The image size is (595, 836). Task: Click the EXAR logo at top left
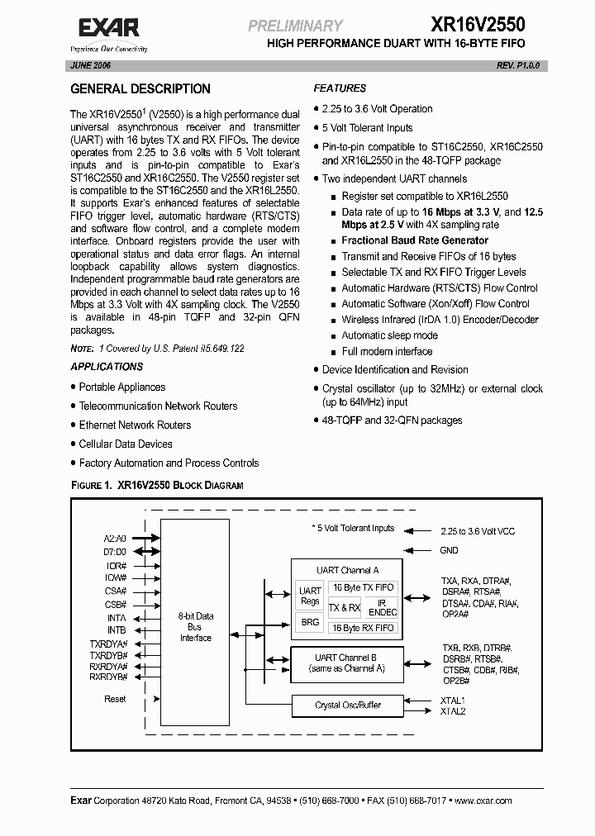pos(109,31)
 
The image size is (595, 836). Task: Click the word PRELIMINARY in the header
pos(295,26)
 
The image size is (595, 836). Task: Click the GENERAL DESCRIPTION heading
pos(140,88)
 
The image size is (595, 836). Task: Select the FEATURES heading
pos(340,88)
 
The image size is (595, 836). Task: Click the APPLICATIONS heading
pos(107,367)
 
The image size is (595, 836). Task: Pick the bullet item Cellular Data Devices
pos(126,444)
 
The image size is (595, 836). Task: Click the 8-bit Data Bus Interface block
pos(196,627)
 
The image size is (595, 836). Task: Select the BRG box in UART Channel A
pos(310,622)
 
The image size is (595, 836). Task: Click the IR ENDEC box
pos(383,608)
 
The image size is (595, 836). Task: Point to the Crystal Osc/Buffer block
pos(348,705)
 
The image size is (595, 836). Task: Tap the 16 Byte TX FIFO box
pos(363,587)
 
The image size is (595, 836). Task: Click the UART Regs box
pos(310,596)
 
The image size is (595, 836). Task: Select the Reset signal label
pos(116,699)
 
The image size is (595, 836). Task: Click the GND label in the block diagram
pos(449,550)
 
